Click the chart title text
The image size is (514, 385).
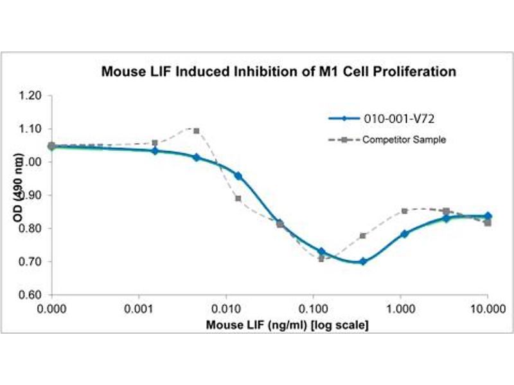pos(279,72)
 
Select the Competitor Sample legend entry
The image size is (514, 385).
pos(403,139)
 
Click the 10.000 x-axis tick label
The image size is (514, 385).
pos(486,308)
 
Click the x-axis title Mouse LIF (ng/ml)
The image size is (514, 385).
pos(287,325)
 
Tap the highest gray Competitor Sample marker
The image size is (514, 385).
pos(196,131)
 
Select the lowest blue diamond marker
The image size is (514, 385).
pos(363,261)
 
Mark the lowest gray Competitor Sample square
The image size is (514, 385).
pos(321,259)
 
